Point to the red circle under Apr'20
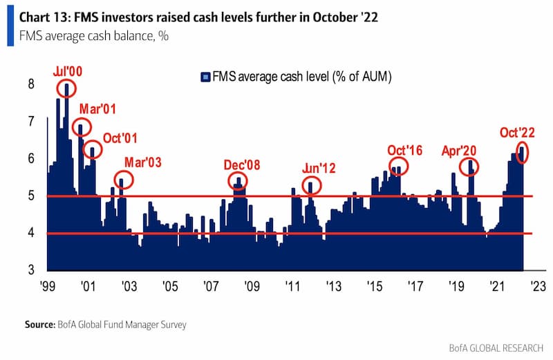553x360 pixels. pos(470,167)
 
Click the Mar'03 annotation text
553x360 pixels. pos(142,162)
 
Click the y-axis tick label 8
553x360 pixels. pos(30,84)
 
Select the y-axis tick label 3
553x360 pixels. pos(30,271)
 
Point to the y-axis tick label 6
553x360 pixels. pos(30,159)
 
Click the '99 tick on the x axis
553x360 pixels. pos(47,285)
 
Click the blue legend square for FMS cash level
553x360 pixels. pos(205,78)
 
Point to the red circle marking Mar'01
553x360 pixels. pos(82,128)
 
